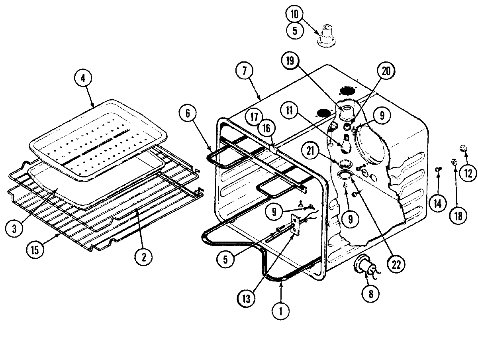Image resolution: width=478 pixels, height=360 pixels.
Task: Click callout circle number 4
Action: click(83, 79)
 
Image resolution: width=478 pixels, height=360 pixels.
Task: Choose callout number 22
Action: click(396, 264)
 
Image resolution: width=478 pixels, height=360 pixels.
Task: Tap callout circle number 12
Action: click(467, 173)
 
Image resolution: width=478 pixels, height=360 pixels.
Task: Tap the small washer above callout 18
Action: click(454, 162)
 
